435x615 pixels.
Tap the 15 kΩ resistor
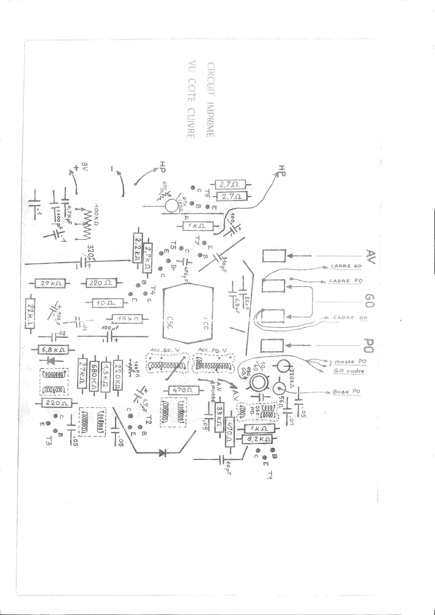coord(126,319)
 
